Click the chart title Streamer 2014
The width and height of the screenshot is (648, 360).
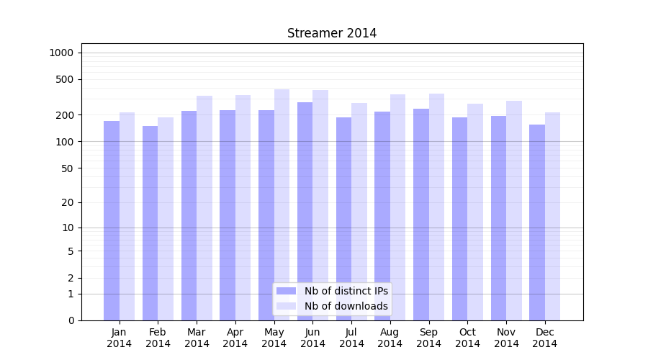point(332,33)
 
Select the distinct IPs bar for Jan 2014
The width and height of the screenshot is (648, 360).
point(112,220)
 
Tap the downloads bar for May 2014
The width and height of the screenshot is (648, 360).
point(282,204)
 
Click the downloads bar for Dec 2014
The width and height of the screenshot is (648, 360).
point(552,216)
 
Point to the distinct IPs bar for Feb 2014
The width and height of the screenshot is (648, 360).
point(150,223)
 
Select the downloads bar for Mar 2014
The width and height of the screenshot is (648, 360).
point(204,208)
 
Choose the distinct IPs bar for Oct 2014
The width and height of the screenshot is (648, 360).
point(459,219)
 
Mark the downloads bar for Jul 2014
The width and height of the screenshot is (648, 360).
point(359,212)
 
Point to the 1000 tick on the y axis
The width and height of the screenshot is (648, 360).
point(61,53)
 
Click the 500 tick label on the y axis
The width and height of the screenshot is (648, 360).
point(65,79)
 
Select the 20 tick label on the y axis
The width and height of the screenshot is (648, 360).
point(68,202)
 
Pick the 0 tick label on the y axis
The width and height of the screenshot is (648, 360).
point(71,320)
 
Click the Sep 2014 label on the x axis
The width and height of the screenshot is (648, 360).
point(428,338)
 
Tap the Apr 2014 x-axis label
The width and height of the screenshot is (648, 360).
point(235,338)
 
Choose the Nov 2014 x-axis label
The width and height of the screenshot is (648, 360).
point(506,338)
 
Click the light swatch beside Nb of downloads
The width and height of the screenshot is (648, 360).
point(286,306)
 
